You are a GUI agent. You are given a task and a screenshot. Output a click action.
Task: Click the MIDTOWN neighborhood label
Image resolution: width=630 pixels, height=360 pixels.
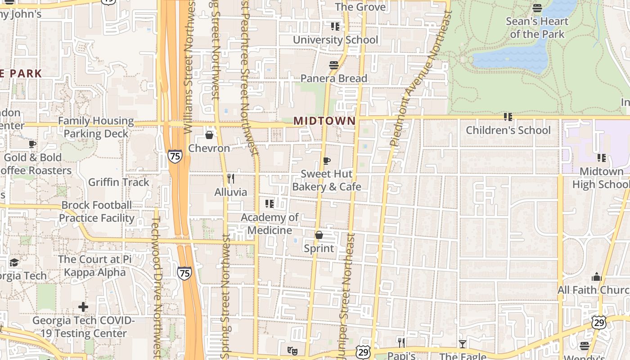[324, 121]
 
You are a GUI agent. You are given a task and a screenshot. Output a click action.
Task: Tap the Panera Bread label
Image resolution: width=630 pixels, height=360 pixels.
[334, 79]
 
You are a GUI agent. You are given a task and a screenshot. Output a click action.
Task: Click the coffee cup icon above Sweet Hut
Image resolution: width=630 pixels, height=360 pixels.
[327, 161]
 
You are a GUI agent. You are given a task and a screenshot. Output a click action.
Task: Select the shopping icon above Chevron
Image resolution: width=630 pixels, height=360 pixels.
[209, 135]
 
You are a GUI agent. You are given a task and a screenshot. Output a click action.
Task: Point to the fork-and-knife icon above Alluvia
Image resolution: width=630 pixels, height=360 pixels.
[231, 179]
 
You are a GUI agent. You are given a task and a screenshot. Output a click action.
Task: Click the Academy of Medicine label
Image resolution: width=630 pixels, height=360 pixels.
[270, 224]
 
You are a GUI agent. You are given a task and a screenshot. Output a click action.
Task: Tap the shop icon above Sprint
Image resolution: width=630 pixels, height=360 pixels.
[319, 235]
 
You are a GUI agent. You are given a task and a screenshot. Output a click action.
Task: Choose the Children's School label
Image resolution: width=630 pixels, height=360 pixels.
[508, 130]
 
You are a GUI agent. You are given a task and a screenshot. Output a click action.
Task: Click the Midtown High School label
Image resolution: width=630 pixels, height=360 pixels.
[601, 178]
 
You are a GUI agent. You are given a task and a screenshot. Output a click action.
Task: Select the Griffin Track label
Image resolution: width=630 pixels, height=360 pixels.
[118, 182]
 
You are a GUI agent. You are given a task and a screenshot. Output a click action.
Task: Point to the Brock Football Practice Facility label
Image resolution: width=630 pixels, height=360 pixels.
[96, 211]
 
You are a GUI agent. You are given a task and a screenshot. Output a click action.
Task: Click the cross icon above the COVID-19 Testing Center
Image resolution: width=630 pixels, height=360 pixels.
[83, 307]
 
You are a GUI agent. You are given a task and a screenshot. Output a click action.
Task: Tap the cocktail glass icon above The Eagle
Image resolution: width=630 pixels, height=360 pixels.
[463, 344]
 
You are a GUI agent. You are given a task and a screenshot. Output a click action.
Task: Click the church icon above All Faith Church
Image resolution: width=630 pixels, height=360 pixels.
[597, 277]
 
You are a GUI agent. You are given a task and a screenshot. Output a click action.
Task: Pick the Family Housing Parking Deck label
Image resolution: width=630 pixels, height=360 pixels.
[96, 127]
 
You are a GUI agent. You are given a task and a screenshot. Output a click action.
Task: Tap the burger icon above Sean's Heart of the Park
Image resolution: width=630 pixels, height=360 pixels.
[537, 8]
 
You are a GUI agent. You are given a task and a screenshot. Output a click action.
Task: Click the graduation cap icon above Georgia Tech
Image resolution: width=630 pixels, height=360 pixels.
[14, 262]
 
